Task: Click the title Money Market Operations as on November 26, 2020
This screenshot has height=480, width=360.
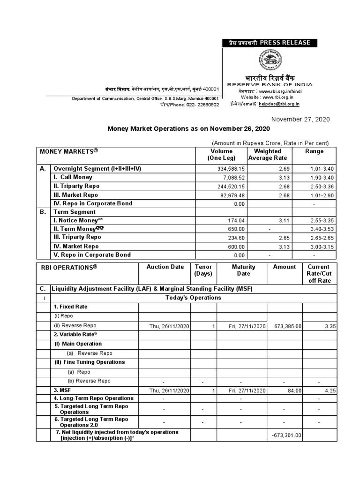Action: tap(189, 128)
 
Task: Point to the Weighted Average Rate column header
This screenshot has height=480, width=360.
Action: tap(267, 154)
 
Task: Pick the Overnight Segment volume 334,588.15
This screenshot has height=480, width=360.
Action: tap(228, 169)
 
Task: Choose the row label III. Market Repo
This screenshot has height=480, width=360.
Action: tap(76, 195)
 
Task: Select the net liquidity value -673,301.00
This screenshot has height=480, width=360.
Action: tap(286, 435)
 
